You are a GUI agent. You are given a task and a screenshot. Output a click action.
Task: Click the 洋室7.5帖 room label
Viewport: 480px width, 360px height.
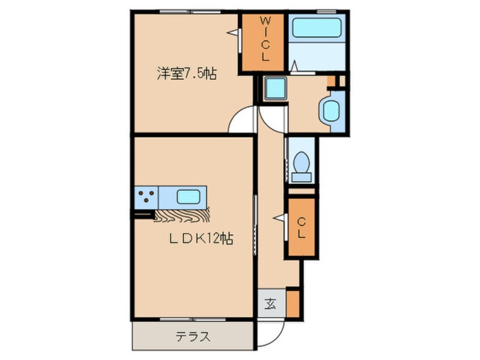pos(187,73)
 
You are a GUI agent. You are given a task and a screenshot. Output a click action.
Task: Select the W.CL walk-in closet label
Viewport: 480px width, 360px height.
pos(265,40)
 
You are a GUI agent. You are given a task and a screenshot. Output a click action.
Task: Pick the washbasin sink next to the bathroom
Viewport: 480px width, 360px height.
pos(330,110)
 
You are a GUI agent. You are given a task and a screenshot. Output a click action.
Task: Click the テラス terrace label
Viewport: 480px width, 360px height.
pos(193,337)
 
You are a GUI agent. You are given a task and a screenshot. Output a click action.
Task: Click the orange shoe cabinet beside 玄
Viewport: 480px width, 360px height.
pos(292,302)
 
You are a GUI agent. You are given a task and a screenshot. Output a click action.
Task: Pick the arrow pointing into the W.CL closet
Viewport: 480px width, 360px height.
pos(232,34)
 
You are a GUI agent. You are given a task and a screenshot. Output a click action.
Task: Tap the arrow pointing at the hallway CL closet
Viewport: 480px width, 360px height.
pos(280,216)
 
